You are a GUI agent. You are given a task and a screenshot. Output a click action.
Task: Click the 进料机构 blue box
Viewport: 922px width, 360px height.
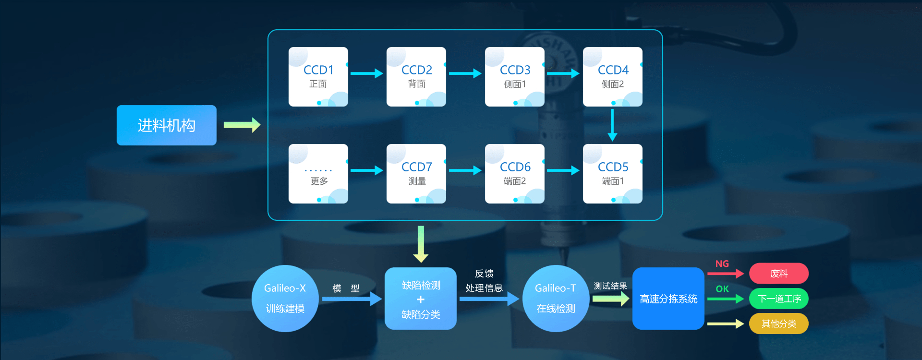tap(166, 125)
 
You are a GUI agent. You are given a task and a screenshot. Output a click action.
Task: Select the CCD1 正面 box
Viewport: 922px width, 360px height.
tap(318, 77)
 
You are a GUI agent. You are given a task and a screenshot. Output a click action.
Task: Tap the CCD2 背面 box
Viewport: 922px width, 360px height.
tap(416, 77)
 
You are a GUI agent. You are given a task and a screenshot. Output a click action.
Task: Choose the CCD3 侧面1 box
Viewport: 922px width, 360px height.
tap(515, 77)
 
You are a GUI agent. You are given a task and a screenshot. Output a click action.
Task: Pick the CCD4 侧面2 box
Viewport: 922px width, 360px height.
tap(613, 77)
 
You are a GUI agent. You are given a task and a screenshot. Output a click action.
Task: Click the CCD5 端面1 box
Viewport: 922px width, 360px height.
tap(613, 174)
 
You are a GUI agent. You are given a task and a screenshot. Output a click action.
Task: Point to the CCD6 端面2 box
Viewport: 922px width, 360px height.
tap(515, 174)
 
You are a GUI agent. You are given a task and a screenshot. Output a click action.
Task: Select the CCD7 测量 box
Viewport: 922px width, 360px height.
tap(416, 174)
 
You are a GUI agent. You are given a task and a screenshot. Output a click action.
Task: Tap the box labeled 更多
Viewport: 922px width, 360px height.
tap(318, 174)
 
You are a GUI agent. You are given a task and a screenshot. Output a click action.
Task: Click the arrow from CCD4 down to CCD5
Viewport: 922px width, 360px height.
tap(612, 125)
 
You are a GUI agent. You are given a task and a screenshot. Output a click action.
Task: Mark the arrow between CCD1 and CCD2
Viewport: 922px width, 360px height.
tap(366, 73)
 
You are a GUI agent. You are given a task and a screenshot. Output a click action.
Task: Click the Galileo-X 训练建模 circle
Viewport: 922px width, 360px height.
tap(285, 298)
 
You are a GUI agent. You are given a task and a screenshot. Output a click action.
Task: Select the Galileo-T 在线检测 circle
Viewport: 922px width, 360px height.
tap(556, 298)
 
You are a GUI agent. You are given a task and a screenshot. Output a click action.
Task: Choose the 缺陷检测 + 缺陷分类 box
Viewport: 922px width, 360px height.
tap(421, 299)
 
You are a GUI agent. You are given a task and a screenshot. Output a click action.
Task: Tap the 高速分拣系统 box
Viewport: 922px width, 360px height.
tap(668, 299)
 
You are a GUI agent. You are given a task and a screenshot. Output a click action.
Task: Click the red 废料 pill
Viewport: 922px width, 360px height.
tap(778, 274)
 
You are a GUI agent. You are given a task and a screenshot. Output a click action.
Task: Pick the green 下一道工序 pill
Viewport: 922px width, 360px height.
tap(778, 299)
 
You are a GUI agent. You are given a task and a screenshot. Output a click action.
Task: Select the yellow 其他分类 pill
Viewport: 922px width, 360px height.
tap(778, 324)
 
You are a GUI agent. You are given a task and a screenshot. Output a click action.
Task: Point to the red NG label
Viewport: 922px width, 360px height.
tap(722, 264)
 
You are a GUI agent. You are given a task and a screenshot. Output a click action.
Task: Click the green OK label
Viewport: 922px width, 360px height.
tap(722, 289)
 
